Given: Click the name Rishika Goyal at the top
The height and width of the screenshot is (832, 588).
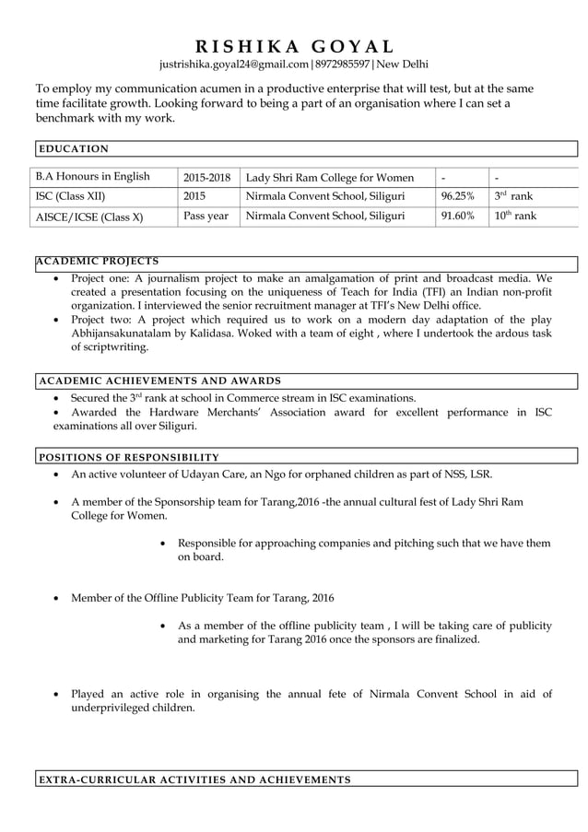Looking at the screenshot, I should tap(294, 46).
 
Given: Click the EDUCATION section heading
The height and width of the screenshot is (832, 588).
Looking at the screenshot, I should tap(73, 148).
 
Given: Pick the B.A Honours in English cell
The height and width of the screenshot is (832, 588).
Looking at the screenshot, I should tap(92, 177).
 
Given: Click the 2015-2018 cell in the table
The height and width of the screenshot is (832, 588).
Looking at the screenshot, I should tap(206, 177).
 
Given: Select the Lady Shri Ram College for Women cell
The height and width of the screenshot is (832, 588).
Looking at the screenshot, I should tap(330, 177).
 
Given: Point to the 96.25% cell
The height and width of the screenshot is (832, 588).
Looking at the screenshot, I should tap(458, 196).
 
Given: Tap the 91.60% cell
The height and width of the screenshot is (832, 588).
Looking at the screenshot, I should tap(458, 217).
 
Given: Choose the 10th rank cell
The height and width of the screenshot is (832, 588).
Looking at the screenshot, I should tap(514, 217).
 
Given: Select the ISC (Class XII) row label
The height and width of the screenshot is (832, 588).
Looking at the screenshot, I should tap(70, 196).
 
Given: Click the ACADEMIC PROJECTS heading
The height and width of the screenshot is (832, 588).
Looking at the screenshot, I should tap(97, 262).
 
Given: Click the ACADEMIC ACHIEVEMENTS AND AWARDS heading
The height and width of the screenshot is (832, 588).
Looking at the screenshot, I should tap(159, 381).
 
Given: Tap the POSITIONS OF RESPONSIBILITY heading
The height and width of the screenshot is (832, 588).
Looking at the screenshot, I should tap(128, 457).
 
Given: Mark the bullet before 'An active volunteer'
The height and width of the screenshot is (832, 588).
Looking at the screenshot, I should tap(58, 475).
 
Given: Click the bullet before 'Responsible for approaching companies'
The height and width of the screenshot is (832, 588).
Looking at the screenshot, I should tap(163, 544).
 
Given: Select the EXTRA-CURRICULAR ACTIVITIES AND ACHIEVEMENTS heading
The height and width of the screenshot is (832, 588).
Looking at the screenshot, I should tap(194, 780).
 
